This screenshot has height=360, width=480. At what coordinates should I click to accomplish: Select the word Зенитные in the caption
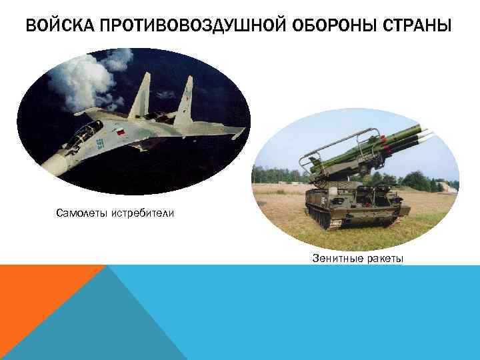[x=335, y=258]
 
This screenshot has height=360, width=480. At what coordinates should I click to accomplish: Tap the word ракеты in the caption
[x=383, y=258]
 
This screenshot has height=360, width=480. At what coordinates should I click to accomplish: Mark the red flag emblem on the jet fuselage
[x=121, y=133]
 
